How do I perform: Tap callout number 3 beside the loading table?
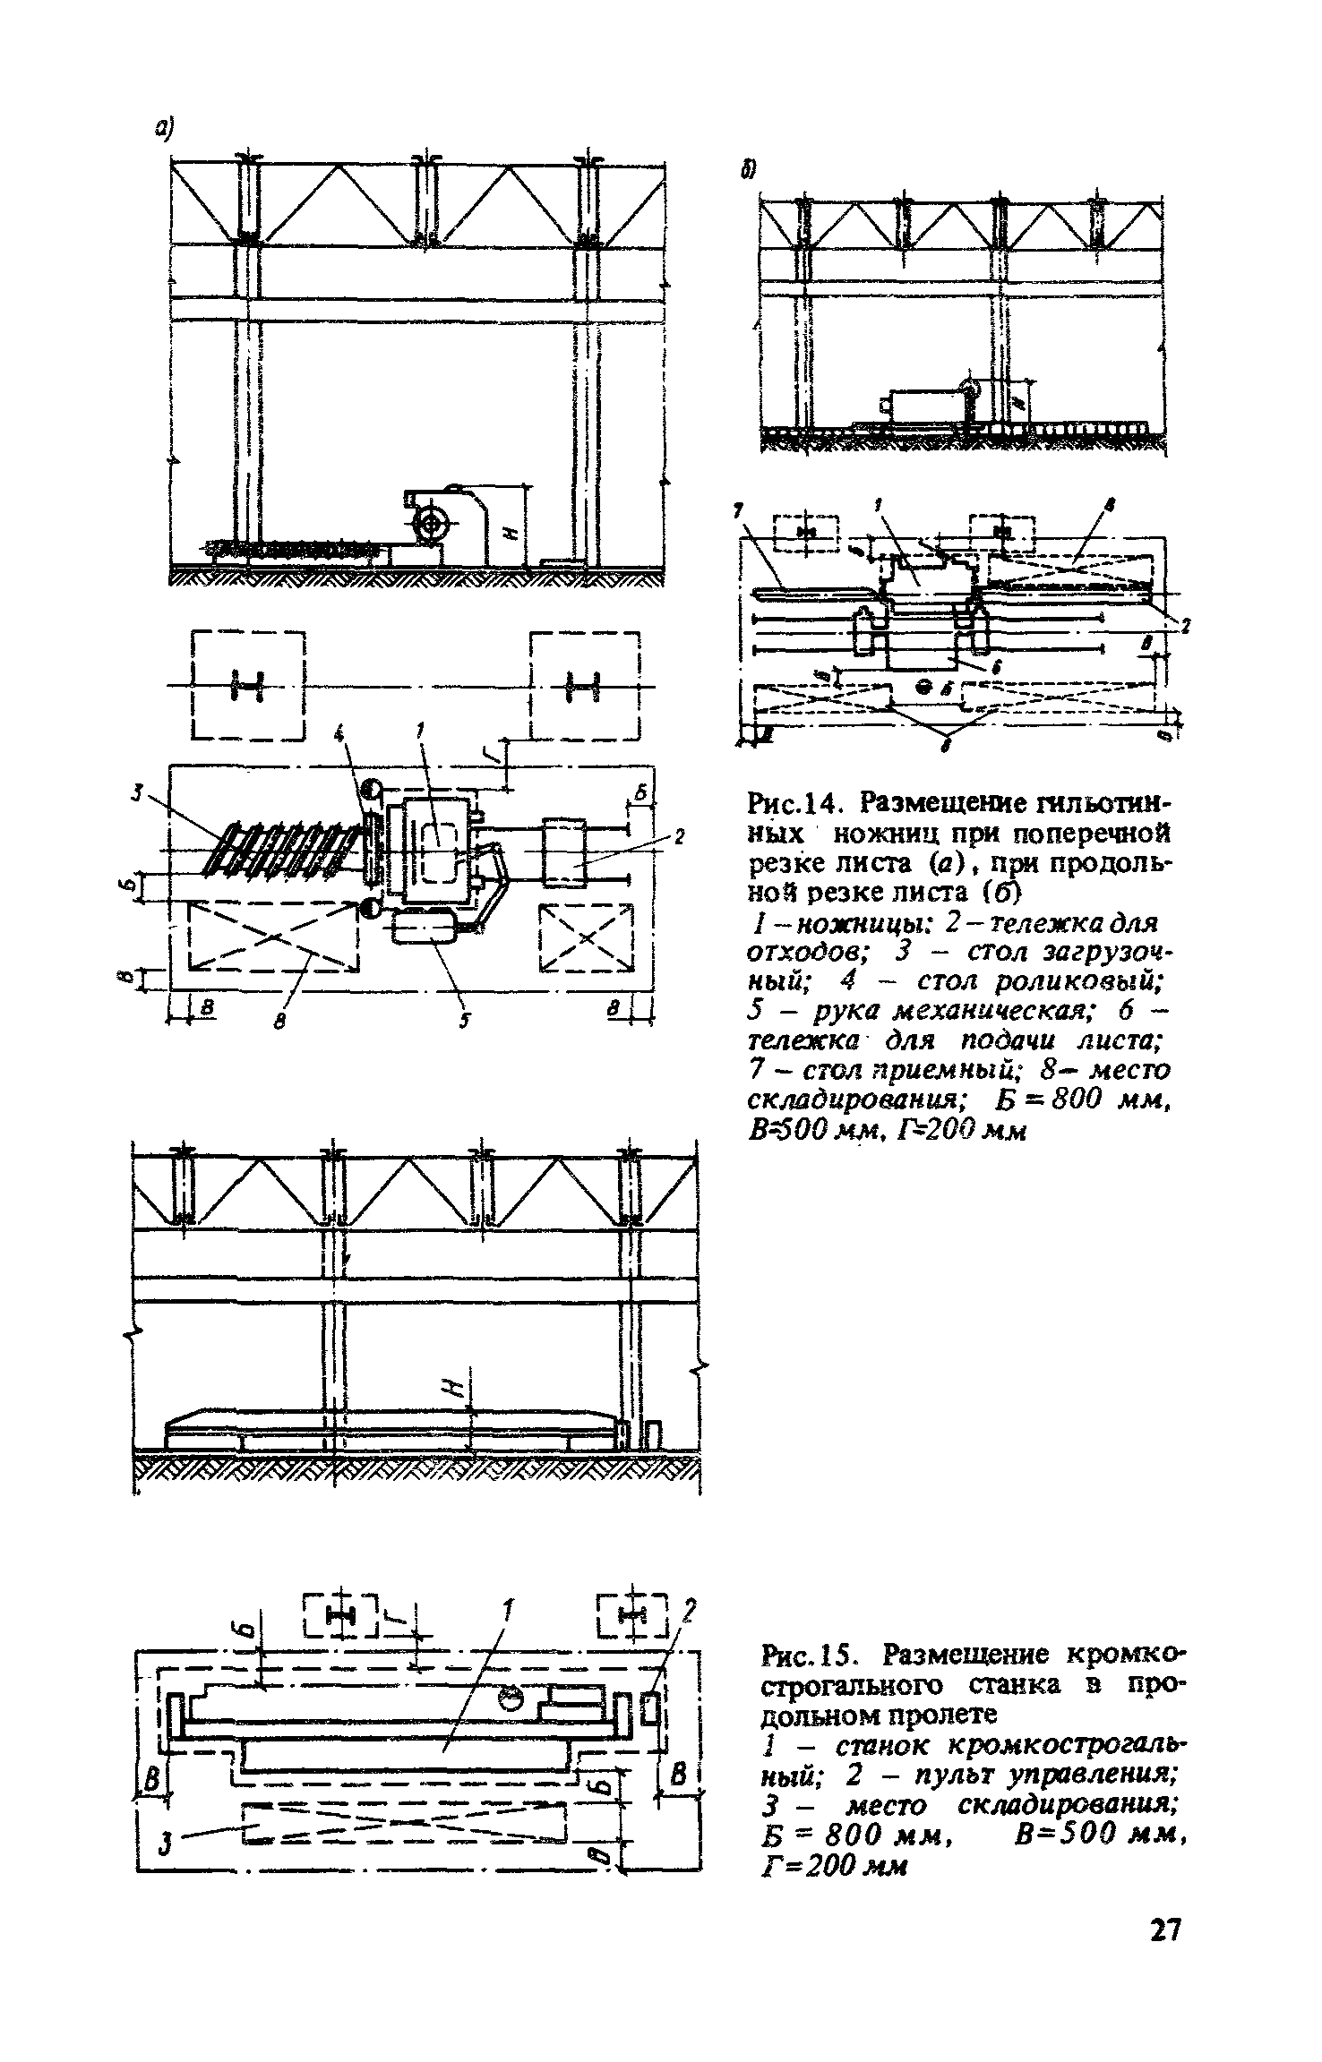[137, 792]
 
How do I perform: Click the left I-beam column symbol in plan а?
[248, 688]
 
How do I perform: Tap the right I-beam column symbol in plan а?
[584, 688]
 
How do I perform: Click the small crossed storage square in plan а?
[586, 937]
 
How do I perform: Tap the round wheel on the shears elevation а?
[433, 523]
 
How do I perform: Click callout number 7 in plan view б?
[737, 510]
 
